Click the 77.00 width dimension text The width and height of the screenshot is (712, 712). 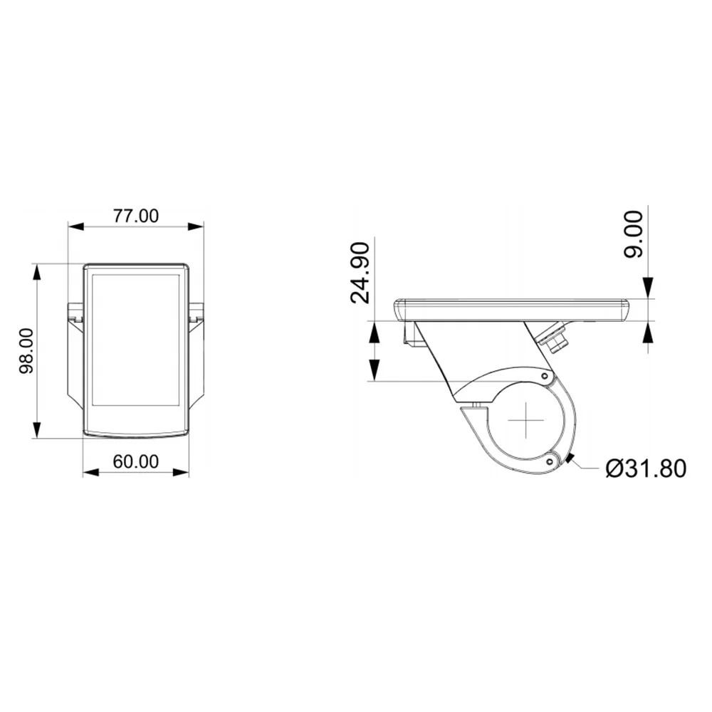point(136,216)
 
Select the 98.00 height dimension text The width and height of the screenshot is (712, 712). point(27,351)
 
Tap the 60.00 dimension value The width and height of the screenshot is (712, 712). point(136,462)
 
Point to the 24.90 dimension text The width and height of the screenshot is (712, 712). point(360,273)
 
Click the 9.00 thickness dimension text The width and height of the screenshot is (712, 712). point(634,234)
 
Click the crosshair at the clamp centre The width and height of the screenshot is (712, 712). point(525,420)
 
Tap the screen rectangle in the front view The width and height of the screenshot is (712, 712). point(135,340)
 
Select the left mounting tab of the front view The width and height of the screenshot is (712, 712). point(75,313)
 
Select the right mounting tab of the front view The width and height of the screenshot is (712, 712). point(197,313)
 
